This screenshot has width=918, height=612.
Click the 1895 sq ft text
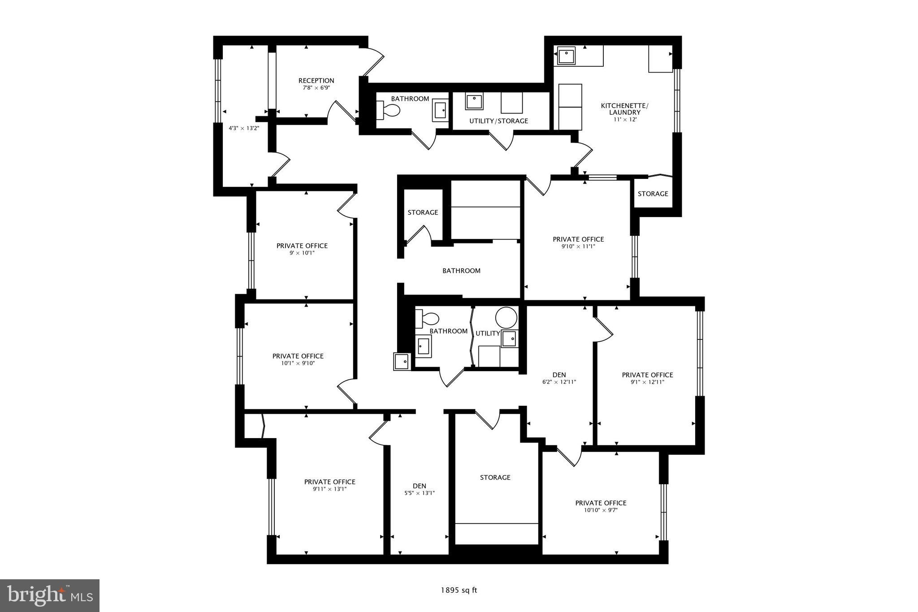(459, 590)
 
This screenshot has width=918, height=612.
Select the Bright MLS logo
(50, 595)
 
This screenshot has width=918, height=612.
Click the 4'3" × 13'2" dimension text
(244, 128)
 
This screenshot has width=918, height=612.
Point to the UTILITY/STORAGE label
(498, 121)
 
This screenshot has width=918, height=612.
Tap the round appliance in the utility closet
(506, 317)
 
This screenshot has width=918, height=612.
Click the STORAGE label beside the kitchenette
(653, 194)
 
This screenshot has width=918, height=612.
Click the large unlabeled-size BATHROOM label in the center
(461, 271)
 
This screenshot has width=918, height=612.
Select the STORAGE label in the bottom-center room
(495, 477)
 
